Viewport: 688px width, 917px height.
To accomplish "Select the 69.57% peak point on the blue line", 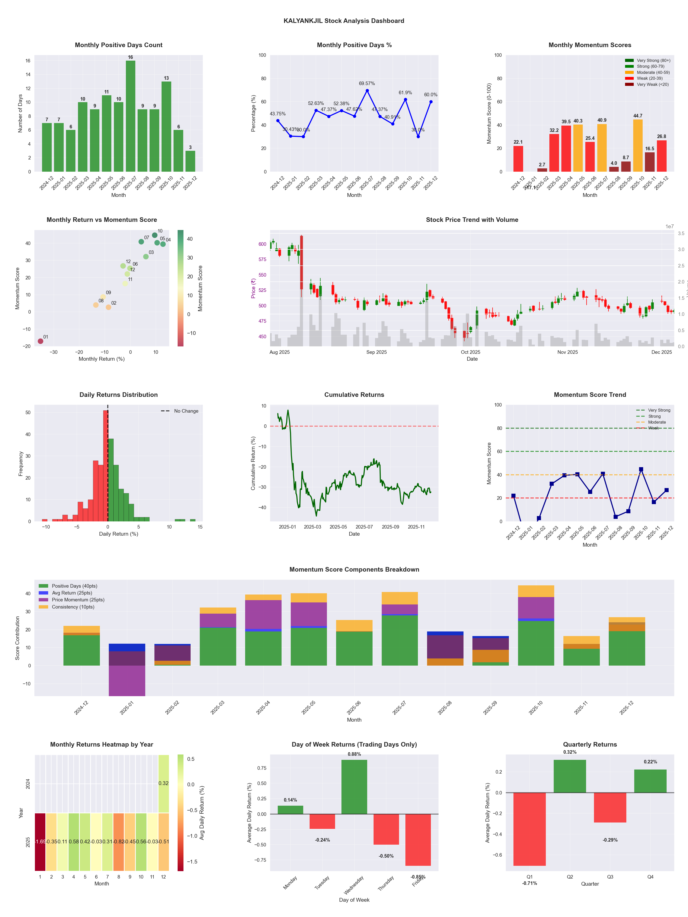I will point(367,90).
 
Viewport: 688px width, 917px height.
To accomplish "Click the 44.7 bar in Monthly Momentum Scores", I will point(638,145).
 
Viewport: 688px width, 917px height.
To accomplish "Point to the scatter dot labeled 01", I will point(40,341).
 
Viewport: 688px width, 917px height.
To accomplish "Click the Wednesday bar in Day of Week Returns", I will point(354,787).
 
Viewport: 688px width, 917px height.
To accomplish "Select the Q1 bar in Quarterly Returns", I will point(530,829).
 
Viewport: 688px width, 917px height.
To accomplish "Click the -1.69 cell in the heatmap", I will point(40,842).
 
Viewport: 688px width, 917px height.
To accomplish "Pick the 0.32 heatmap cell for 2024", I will point(163,783).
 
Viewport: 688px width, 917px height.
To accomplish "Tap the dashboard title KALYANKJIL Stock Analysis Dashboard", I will point(344,21).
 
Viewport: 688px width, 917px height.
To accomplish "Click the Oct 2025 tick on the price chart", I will point(470,352).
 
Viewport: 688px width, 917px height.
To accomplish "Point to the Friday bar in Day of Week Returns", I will point(418,840).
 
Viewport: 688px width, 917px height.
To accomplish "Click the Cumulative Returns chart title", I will point(354,395).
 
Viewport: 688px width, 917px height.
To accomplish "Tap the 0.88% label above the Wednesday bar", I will point(354,754).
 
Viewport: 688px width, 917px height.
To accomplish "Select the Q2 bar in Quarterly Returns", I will point(570,776).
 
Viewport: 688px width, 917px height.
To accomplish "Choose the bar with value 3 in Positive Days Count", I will point(190,161).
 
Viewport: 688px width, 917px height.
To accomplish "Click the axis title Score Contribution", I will point(17,638).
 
